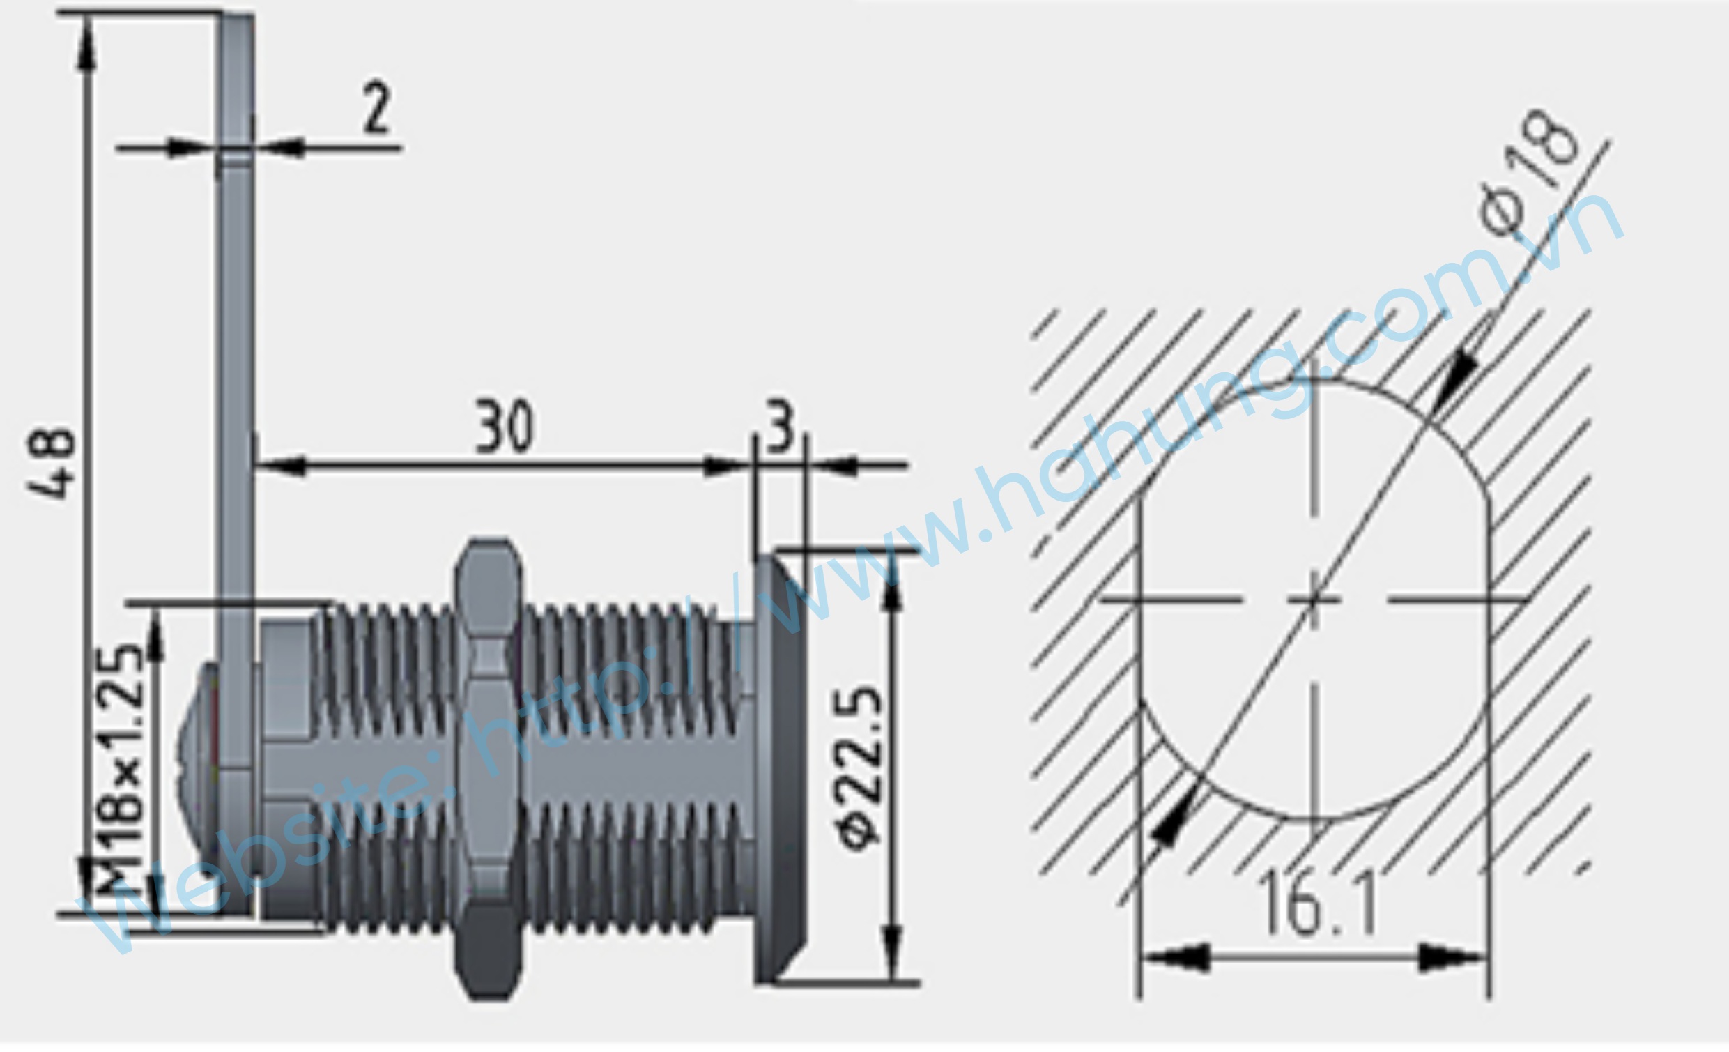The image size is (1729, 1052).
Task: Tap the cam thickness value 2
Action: point(377,108)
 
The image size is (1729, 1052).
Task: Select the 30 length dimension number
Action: point(505,426)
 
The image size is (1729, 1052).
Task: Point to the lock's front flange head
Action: point(781,765)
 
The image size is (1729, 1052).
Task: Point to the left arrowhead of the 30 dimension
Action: point(281,465)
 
